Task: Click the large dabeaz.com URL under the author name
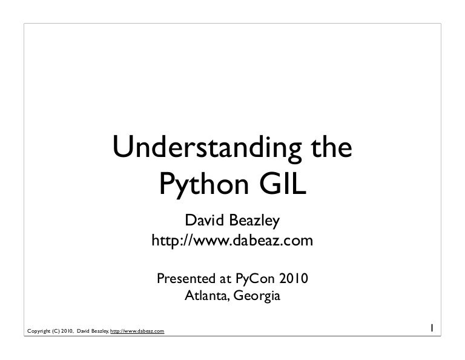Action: coord(232,241)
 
